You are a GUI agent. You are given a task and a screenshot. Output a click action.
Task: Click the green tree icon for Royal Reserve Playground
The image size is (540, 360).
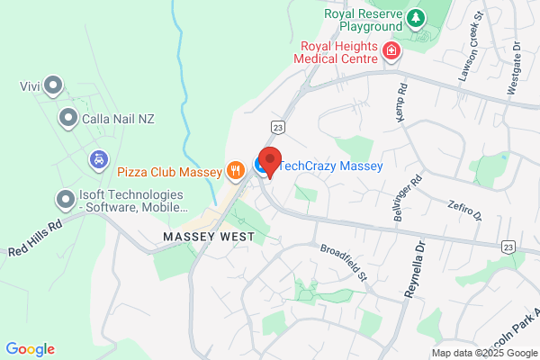click(x=415, y=17)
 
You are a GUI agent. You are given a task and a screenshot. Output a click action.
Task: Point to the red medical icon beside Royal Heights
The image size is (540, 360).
click(x=391, y=50)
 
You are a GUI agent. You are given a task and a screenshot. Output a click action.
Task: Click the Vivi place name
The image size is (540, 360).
click(x=31, y=87)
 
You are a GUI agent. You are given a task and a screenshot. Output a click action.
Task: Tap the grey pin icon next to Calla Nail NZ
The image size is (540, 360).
click(x=67, y=118)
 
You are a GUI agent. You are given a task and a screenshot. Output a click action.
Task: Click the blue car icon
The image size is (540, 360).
click(x=98, y=159)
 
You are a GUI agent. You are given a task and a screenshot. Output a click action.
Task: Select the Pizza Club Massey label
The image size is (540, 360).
click(x=169, y=169)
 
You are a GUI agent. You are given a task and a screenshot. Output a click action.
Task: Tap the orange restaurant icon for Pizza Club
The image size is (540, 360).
click(x=236, y=168)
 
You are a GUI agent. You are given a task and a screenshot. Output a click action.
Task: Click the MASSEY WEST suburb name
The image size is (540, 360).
click(x=209, y=236)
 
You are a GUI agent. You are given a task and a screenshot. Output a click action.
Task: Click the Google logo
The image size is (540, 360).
click(x=30, y=349)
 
